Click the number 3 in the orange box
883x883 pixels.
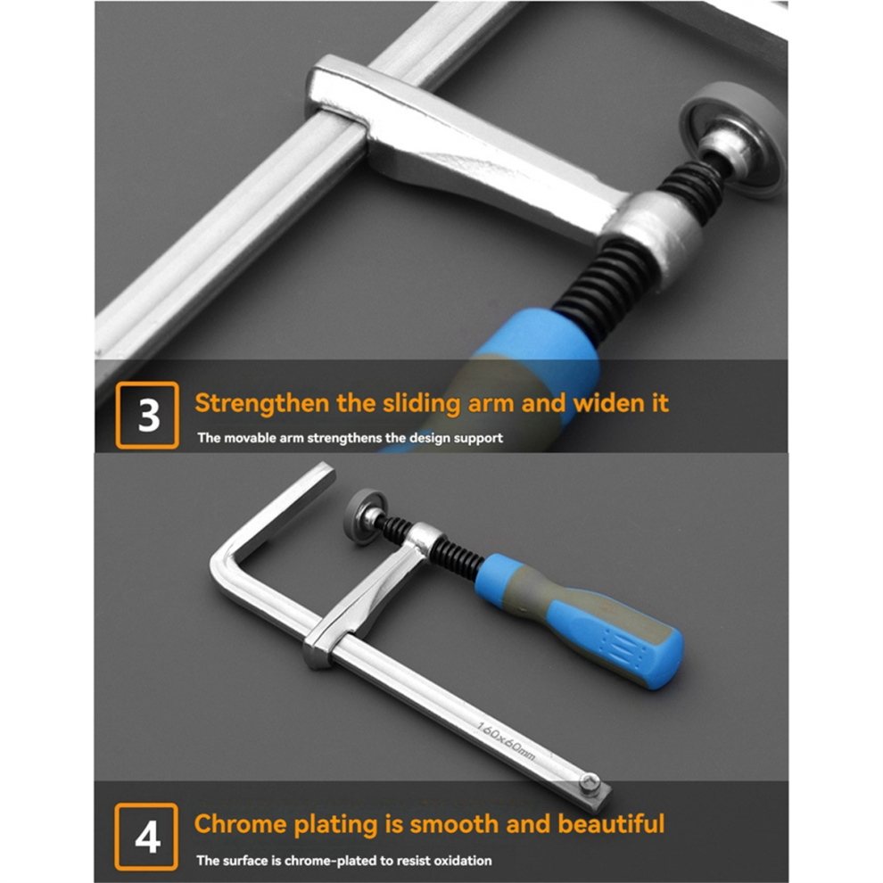pyautogui.click(x=149, y=416)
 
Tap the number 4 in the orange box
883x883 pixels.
pyautogui.click(x=147, y=838)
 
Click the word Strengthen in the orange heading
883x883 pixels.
pyautogui.click(x=262, y=404)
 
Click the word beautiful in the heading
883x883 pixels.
pyautogui.click(x=611, y=824)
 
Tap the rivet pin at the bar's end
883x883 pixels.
pyautogui.click(x=590, y=780)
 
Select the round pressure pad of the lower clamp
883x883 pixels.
pyautogui.click(x=365, y=516)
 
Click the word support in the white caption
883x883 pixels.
pyautogui.click(x=479, y=438)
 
